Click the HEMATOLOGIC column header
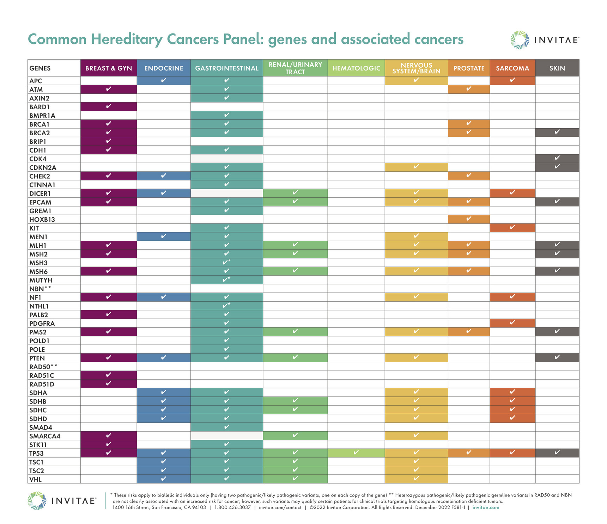pyautogui.click(x=356, y=68)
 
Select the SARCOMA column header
pyautogui.click(x=512, y=68)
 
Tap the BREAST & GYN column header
pyautogui.click(x=109, y=68)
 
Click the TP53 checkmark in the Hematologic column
pyautogui.click(x=356, y=452)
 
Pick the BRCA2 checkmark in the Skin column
pyautogui.click(x=557, y=132)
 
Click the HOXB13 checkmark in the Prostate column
pyautogui.click(x=468, y=219)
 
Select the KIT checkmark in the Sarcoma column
pyautogui.click(x=512, y=227)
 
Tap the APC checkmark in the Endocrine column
pyautogui.click(x=163, y=80)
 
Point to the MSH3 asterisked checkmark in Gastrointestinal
pyautogui.click(x=226, y=262)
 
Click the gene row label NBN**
pyautogui.click(x=40, y=289)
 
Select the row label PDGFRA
pyautogui.click(x=42, y=323)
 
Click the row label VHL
pyautogui.click(x=36, y=479)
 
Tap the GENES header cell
pyautogui.click(x=40, y=68)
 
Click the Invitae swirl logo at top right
pyautogui.click(x=520, y=40)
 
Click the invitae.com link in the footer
pyautogui.click(x=486, y=507)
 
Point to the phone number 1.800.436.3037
pyautogui.click(x=232, y=507)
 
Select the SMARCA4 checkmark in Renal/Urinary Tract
pyautogui.click(x=295, y=435)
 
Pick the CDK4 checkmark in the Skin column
pyautogui.click(x=557, y=158)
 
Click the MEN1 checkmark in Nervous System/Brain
pyautogui.click(x=416, y=236)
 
